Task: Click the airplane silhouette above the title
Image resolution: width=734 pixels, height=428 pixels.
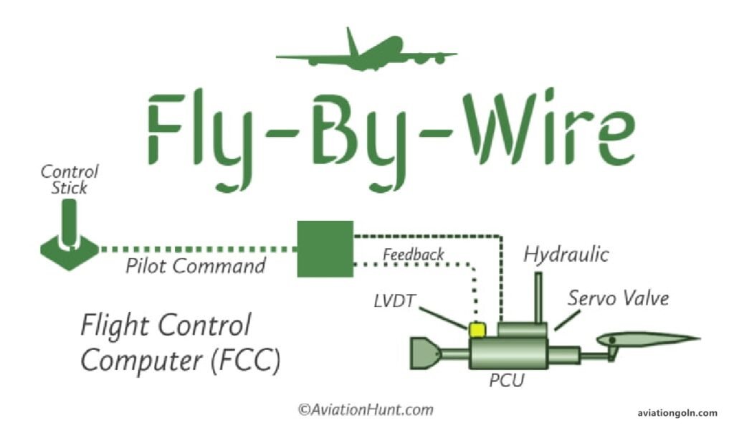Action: pos(366,53)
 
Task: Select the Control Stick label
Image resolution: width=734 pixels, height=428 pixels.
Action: pos(70,179)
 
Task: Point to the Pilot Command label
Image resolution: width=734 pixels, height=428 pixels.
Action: pos(196,267)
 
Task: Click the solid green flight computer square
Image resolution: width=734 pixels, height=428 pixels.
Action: pos(325,249)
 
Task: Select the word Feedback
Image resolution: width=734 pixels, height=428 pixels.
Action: pos(414,255)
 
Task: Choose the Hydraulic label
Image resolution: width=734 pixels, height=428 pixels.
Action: pos(566,255)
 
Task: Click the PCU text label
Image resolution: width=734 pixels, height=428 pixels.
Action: pos(506,381)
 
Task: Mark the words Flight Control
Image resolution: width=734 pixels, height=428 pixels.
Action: pos(166,326)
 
